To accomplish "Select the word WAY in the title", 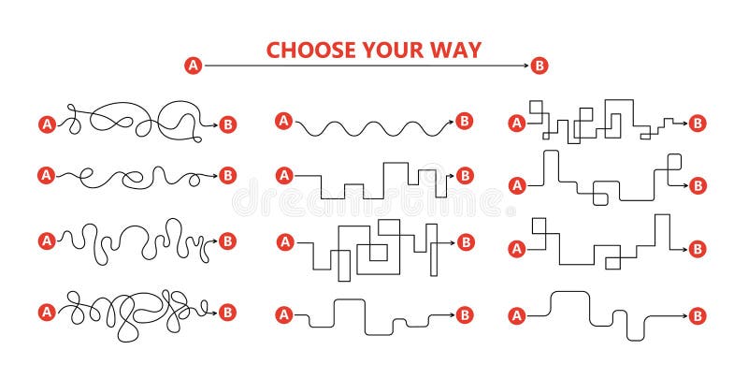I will point(457,50).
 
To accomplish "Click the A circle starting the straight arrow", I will point(194,66).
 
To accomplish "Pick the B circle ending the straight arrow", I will point(539,66).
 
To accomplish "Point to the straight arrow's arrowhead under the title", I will point(524,66).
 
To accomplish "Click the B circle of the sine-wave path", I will point(465,120).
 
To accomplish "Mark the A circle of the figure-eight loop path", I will point(45,123).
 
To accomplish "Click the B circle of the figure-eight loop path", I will point(227,123).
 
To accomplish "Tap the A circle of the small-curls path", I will point(45,174).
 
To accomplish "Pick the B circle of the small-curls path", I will point(227,174).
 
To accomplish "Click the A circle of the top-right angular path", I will point(515,123).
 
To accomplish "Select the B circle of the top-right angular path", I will point(697,123).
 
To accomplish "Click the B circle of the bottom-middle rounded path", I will point(465,316).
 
